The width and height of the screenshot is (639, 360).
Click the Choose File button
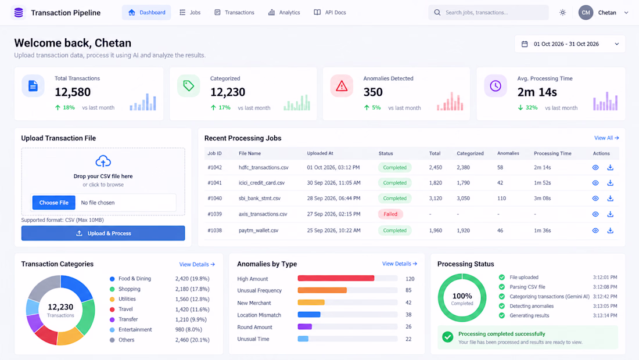(54, 203)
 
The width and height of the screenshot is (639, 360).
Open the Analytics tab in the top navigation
(284, 13)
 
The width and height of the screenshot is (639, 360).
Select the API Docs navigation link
(330, 13)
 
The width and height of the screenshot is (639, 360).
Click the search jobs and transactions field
(488, 13)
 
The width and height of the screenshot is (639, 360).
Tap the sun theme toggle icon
(563, 13)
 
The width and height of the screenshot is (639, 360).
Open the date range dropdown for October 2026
(570, 44)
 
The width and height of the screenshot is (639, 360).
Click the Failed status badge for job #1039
(390, 214)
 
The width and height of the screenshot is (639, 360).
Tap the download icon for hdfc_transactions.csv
(610, 167)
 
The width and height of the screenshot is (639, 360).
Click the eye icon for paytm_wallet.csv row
(595, 231)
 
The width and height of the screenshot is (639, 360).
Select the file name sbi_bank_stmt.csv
(260, 199)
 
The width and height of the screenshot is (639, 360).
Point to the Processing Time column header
(552, 153)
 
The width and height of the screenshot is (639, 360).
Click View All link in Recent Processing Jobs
(606, 138)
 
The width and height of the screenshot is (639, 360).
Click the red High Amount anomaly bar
(336, 279)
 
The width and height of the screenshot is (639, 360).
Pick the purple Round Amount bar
(305, 326)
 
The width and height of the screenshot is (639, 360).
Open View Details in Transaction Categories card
(197, 264)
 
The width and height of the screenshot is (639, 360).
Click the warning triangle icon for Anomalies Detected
(342, 86)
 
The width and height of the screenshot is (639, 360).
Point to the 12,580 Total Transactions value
(73, 92)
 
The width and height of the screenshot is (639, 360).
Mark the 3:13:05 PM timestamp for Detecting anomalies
(605, 306)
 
